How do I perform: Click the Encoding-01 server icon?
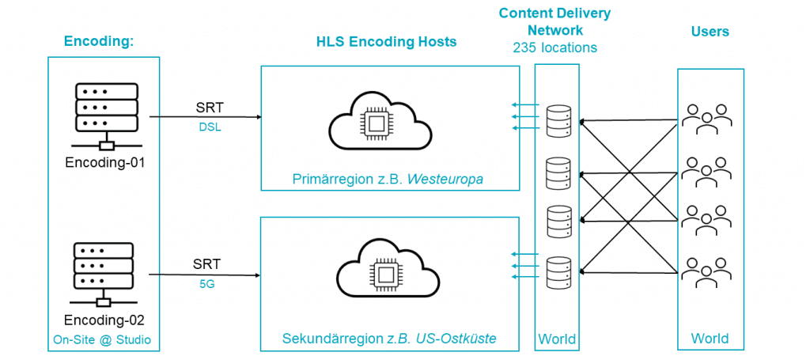tap(104, 110)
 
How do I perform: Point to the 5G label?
tap(206, 283)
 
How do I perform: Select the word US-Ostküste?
tap(457, 339)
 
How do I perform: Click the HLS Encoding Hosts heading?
tap(386, 41)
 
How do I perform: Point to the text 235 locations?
tap(555, 47)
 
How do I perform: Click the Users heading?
tap(710, 32)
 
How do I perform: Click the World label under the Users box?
tap(710, 339)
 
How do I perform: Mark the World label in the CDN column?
tap(557, 339)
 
